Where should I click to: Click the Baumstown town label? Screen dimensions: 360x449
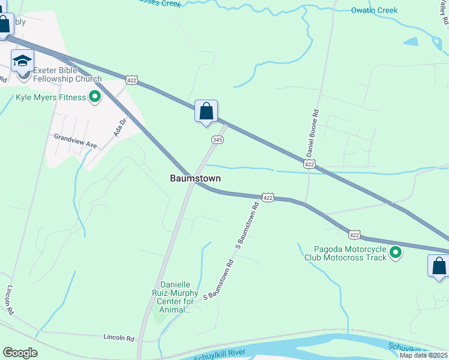tap(195, 178)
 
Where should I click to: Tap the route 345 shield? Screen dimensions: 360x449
tap(218, 140)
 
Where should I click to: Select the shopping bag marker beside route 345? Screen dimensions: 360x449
tap(206, 112)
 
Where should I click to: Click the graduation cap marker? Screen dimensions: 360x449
tap(23, 61)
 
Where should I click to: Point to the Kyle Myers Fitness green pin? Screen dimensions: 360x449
tap(95, 97)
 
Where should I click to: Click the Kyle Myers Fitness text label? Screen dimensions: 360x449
tap(51, 97)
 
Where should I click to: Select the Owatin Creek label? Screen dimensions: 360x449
tap(374, 11)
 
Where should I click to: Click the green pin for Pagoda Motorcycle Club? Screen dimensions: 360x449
tap(396, 253)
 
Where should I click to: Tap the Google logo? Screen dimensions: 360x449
tap(20, 353)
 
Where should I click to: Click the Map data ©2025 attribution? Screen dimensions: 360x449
tap(423, 355)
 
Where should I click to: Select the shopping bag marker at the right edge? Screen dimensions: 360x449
tap(439, 266)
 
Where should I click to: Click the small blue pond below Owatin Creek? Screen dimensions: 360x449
tap(411, 42)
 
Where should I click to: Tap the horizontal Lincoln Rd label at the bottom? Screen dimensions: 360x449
tap(118, 338)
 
